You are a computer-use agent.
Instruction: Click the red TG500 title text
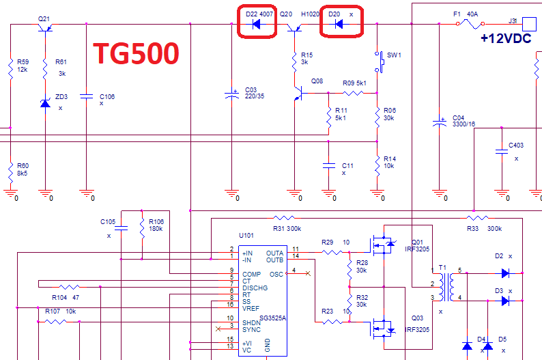click(x=136, y=53)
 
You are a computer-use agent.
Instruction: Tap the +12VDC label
click(x=505, y=39)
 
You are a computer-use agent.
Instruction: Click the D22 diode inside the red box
click(x=256, y=25)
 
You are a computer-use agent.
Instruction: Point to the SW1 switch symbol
click(x=379, y=66)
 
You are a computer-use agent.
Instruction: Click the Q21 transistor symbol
click(x=44, y=27)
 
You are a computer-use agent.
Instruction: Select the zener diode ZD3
click(x=45, y=103)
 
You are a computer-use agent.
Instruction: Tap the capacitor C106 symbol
click(x=87, y=96)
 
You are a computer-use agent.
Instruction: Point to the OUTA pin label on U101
click(x=274, y=252)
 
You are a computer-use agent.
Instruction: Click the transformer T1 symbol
click(x=447, y=287)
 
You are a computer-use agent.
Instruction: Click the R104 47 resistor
click(x=68, y=288)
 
